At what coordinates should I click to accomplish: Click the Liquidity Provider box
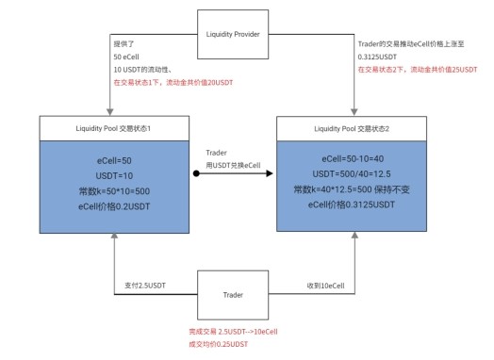coord(233,34)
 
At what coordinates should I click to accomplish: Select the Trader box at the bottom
coord(233,295)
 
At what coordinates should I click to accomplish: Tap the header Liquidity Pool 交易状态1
coord(114,128)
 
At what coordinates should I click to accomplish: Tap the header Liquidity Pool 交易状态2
coord(352,129)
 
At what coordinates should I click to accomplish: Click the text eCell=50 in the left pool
coord(114,161)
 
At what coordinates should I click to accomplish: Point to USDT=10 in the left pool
coord(114,175)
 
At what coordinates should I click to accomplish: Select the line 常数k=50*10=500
coord(114,191)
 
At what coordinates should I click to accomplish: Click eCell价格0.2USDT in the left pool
coord(114,206)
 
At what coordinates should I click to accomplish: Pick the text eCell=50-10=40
coord(353,158)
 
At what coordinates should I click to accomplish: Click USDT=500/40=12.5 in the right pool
coord(352,173)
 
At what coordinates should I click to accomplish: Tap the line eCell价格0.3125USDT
coord(352,205)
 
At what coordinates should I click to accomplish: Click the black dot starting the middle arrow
coord(196,173)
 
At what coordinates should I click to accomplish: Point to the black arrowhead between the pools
coord(270,173)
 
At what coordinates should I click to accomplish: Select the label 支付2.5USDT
coord(145,286)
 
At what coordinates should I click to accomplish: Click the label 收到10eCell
coord(326,286)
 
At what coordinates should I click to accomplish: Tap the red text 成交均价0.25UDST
coord(219,344)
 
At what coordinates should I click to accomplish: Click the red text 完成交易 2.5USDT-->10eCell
coord(233,332)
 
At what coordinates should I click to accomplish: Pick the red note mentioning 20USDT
coord(173,83)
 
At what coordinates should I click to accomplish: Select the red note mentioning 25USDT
coord(418,70)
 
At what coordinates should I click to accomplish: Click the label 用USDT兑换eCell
coord(233,165)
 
